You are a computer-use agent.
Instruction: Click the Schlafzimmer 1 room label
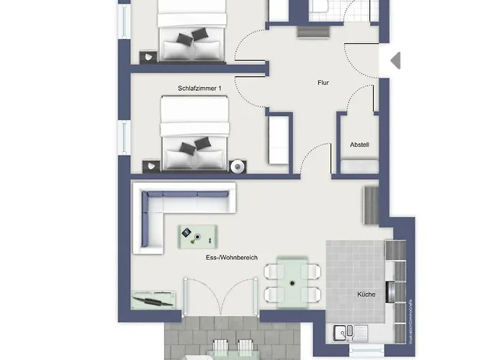coord(200,88)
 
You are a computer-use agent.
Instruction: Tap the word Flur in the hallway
coord(323,83)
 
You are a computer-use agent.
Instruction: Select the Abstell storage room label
coord(359,145)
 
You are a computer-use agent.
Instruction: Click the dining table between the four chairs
coord(292,282)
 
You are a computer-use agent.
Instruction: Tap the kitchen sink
coord(348,332)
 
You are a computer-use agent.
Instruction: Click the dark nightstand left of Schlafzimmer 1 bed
coord(150,166)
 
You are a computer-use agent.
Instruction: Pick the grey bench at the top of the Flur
coord(310,32)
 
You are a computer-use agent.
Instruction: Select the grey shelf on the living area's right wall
coord(370,204)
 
